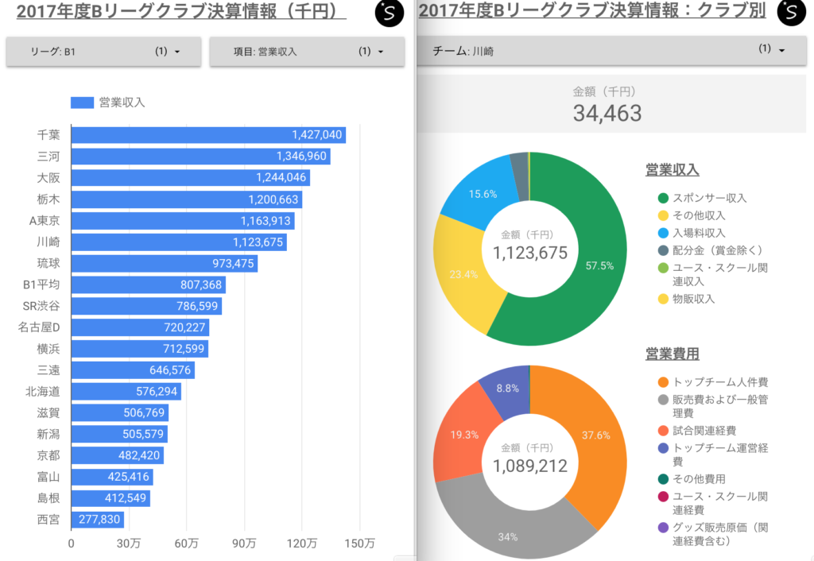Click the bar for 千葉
208,135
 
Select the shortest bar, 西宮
98,520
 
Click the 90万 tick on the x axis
244,544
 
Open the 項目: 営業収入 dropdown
307,52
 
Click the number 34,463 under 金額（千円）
607,113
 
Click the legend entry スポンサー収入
709,198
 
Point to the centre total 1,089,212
529,466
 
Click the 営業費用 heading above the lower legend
672,354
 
